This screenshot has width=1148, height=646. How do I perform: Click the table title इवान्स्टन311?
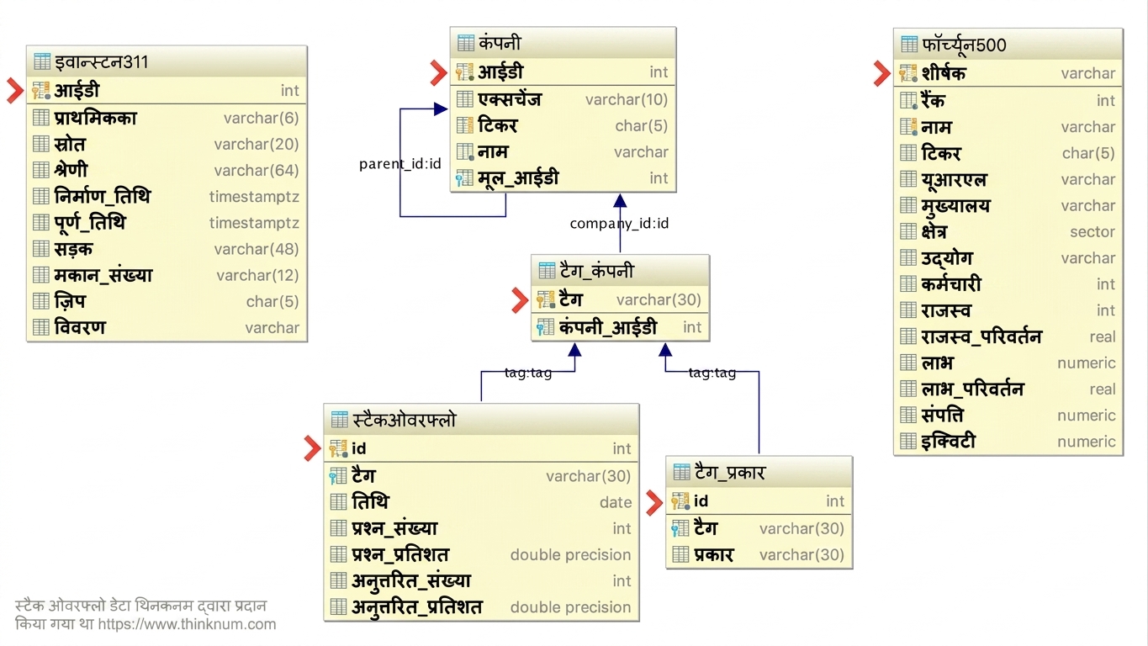[x=102, y=62]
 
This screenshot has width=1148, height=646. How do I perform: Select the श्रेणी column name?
[x=71, y=170]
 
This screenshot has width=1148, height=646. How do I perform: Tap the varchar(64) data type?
[x=257, y=170]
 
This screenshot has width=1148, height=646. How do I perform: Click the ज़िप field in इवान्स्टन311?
[x=70, y=301]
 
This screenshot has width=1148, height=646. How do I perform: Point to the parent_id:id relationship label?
[x=399, y=163]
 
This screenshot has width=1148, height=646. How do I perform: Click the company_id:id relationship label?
[x=619, y=223]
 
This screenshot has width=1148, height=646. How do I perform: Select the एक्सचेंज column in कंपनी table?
[x=510, y=99]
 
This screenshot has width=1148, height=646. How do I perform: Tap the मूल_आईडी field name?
[x=518, y=178]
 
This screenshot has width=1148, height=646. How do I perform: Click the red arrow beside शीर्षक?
[x=882, y=73]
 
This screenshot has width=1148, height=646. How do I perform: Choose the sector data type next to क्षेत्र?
[x=1092, y=232]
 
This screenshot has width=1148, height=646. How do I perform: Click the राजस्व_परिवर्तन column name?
[x=981, y=336]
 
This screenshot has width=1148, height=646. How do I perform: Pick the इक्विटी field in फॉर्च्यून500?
[x=948, y=442]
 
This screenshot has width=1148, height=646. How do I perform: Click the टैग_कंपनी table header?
[x=596, y=270]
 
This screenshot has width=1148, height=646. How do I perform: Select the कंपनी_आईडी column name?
[x=608, y=327]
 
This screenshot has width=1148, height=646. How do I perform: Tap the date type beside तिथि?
[x=616, y=502]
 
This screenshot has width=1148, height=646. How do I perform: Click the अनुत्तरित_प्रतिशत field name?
[x=416, y=607]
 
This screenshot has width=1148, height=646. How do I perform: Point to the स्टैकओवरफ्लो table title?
[x=404, y=420]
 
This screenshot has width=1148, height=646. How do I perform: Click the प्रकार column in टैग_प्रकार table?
[x=713, y=555]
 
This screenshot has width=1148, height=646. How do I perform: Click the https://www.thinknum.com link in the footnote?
[x=187, y=624]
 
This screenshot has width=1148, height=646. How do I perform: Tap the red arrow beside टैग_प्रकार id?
[x=654, y=502]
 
